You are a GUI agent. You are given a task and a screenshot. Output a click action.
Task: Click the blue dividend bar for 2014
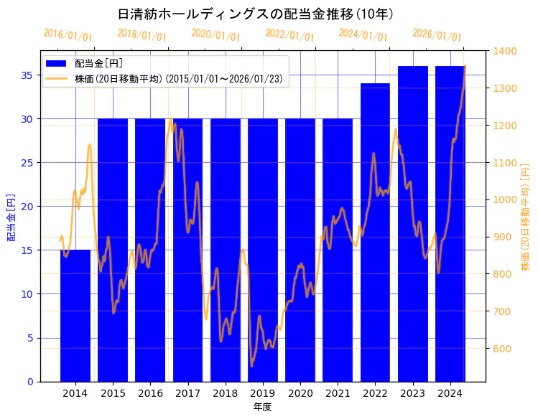tap(75, 316)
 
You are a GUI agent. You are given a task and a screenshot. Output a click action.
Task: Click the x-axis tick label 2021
tap(338, 393)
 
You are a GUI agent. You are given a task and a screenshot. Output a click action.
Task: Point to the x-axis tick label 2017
tap(187, 393)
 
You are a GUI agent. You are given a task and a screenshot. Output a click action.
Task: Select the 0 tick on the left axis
tap(32, 382)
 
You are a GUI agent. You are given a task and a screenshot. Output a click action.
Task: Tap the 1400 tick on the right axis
tap(505, 51)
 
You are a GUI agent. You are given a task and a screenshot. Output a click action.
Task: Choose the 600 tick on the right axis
tap(502, 349)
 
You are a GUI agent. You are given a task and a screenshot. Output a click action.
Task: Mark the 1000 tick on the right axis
tap(505, 199)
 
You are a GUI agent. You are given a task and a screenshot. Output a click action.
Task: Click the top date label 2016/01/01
tap(68, 35)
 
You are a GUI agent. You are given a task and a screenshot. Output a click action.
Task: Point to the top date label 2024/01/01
tap(363, 35)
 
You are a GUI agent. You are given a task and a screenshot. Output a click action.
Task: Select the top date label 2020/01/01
tap(215, 35)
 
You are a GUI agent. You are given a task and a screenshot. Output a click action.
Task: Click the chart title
tap(255, 14)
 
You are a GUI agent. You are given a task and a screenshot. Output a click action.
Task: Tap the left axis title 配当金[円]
tap(11, 217)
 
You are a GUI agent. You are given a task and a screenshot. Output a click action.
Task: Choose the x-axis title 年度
tap(262, 407)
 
